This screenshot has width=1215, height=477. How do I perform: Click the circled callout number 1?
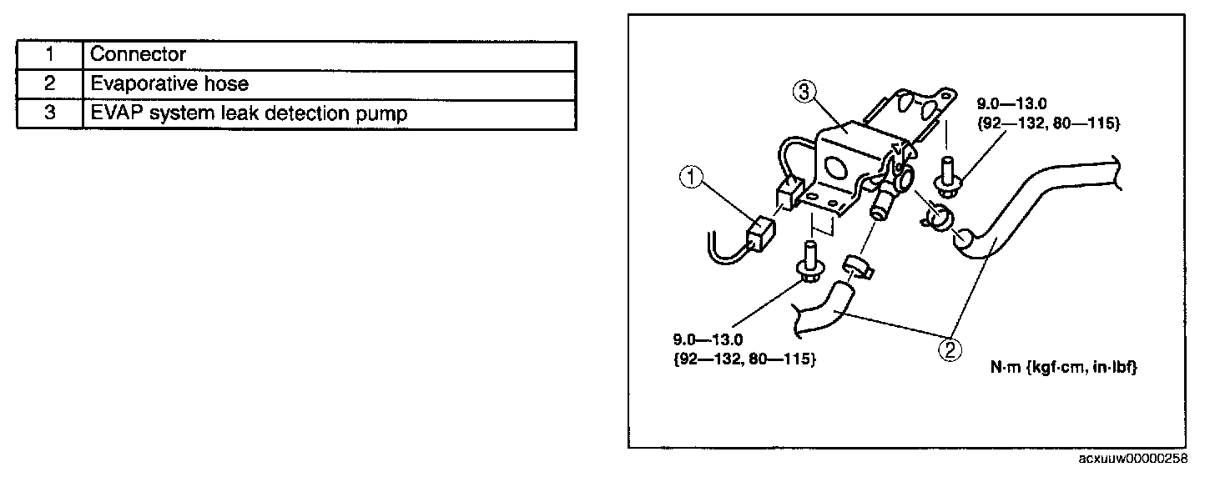point(692,177)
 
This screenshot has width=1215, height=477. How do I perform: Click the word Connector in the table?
point(138,55)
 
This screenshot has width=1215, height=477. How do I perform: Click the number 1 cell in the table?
point(50,55)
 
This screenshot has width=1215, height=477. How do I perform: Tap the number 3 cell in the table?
point(50,113)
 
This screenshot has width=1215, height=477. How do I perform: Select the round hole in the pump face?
point(837,169)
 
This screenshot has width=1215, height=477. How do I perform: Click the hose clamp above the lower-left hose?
point(855,269)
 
